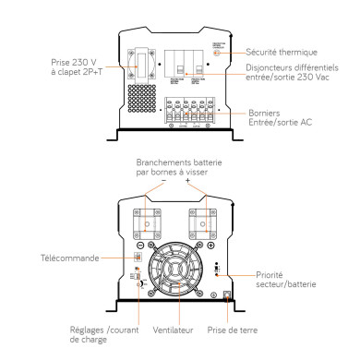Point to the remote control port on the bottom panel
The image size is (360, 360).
click(137, 257)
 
